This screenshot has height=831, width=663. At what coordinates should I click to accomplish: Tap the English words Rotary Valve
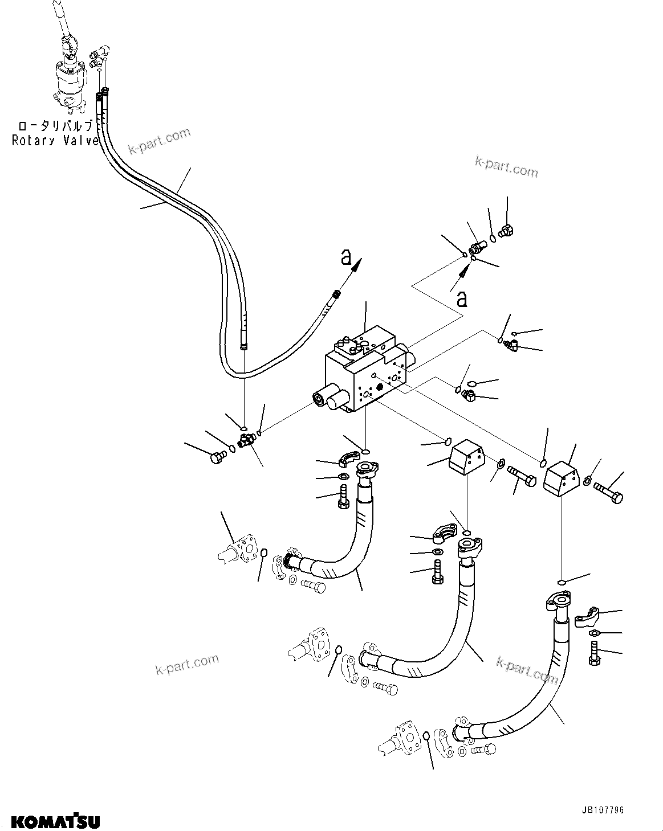tap(55, 141)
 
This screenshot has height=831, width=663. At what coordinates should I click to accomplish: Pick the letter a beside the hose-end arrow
tap(346, 257)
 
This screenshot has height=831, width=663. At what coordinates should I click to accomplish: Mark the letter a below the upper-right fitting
tap(462, 298)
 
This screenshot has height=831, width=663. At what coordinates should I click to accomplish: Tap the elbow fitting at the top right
tap(505, 231)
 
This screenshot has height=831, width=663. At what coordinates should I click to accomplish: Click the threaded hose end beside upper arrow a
tap(336, 294)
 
